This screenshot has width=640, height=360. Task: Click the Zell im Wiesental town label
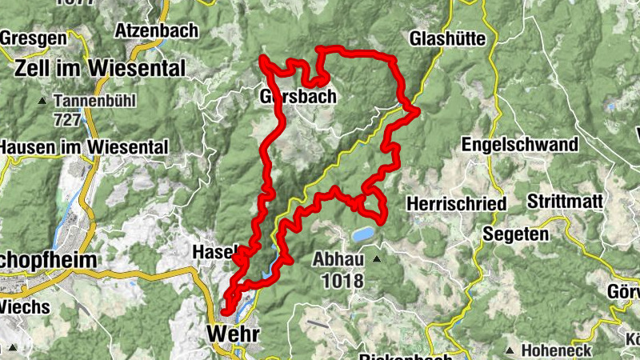99,67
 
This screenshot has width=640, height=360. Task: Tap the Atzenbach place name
152,30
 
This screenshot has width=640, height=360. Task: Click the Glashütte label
444,38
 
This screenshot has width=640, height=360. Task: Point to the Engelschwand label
519,145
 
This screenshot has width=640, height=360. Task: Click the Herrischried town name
456,204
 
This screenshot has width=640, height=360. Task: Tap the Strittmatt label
565,202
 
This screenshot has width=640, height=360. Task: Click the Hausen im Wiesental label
84,147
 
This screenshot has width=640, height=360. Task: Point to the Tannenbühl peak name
95,102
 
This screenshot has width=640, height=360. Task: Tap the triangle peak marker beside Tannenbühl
42,102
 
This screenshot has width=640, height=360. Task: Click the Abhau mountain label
338,259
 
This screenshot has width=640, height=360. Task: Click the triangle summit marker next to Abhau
376,259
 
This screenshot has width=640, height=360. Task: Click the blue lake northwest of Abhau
361,234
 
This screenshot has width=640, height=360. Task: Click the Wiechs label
26,306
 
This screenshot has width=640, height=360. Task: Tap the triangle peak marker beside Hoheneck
510,350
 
